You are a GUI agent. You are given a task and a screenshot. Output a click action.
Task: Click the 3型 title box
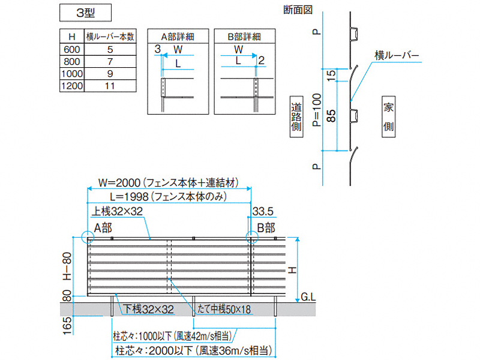[x=85, y=11]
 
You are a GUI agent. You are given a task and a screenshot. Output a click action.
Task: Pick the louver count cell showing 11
[x=109, y=86]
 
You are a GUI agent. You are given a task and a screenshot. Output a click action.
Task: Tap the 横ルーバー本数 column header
[x=109, y=36]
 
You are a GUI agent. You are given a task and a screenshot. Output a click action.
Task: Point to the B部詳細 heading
[x=244, y=36]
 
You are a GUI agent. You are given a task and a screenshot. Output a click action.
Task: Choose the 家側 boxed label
[x=388, y=117]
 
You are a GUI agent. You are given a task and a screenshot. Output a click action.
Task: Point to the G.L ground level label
[x=308, y=296]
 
